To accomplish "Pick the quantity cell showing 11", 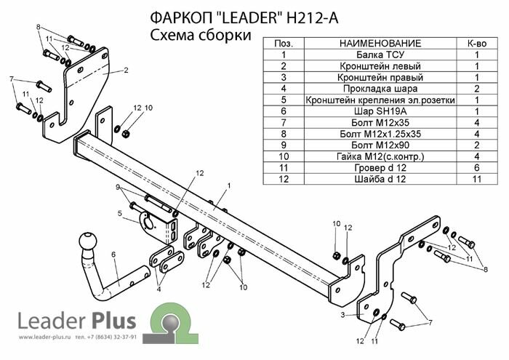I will (477, 178).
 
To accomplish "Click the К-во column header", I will (477, 44).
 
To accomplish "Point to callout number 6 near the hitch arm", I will (113, 254).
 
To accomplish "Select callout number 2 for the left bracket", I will (125, 71).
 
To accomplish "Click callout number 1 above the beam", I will (228, 186).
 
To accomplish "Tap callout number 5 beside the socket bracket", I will (119, 213).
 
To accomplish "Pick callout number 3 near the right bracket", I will (342, 315).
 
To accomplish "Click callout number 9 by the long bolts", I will (116, 188).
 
